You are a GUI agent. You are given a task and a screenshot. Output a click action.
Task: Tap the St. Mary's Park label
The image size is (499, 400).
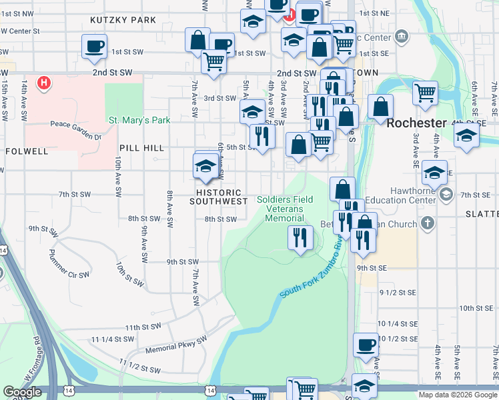(x=140, y=121)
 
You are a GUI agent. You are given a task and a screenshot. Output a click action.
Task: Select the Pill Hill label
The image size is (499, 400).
(x=141, y=148)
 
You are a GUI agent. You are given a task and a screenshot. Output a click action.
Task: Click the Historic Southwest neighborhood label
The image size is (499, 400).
(x=215, y=197)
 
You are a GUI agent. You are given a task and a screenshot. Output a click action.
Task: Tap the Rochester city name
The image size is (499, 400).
(x=416, y=123)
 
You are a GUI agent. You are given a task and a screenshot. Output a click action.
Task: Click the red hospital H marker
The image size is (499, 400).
(x=44, y=83)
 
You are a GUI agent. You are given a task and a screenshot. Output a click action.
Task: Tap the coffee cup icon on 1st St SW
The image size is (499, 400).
(x=94, y=46)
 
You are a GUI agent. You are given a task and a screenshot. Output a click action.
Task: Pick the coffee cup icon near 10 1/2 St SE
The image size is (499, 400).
(x=366, y=344)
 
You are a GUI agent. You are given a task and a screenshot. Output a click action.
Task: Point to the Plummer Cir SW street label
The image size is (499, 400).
(x=69, y=264)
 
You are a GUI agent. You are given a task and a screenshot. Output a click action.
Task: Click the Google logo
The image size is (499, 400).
(x=22, y=392)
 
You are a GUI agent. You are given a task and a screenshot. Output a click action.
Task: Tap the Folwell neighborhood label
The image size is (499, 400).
(x=27, y=151)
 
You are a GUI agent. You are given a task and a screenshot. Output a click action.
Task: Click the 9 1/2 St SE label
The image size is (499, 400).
(x=398, y=292)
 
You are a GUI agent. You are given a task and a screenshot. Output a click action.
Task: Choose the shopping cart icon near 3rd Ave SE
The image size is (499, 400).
(x=425, y=93)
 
